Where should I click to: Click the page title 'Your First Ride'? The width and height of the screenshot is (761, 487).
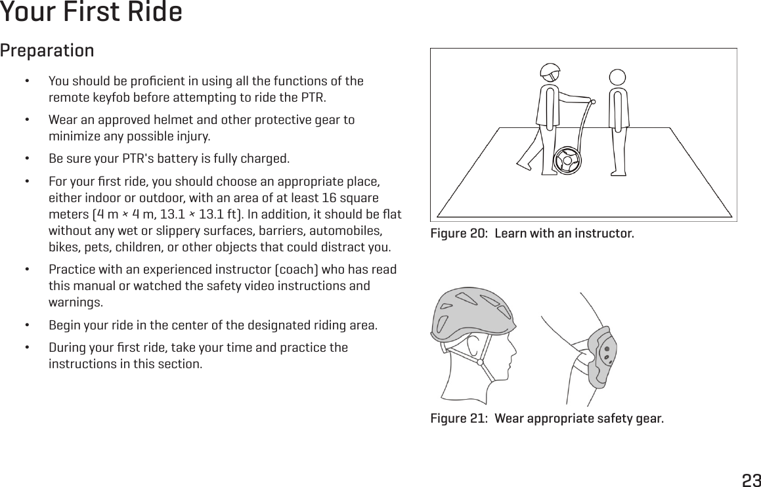(91, 12)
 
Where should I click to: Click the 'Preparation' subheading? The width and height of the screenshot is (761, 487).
(47, 51)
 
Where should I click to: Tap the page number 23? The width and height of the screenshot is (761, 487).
(751, 480)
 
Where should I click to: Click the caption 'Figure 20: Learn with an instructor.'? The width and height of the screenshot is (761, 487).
(532, 234)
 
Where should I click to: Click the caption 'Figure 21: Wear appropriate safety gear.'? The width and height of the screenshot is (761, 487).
(546, 419)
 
